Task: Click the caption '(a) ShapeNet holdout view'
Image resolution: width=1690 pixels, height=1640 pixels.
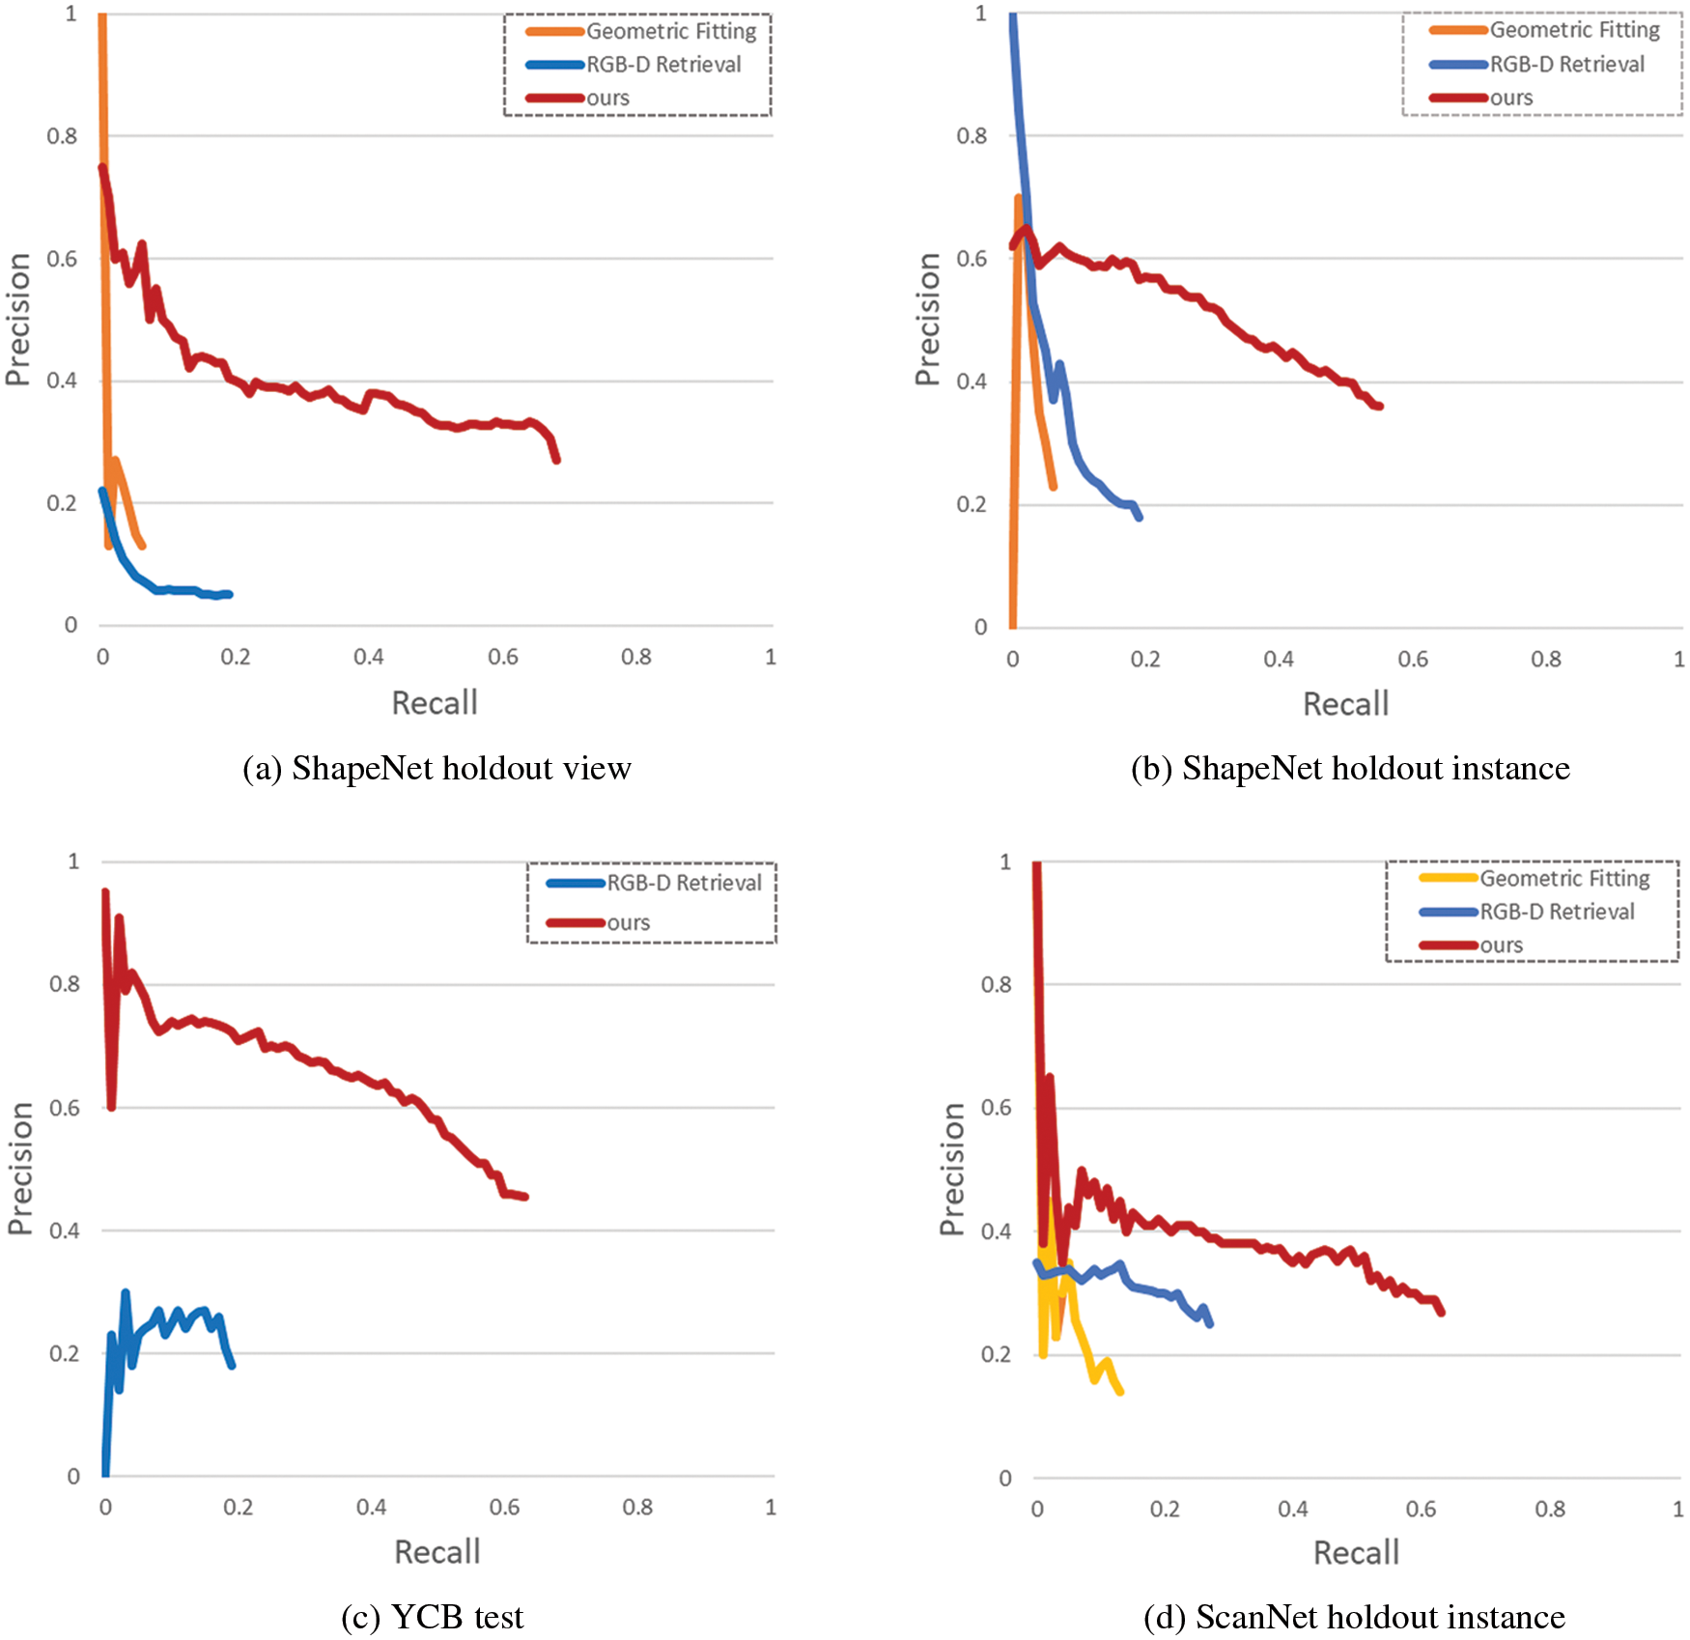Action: [437, 768]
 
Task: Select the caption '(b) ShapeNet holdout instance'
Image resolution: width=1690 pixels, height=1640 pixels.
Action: [1350, 768]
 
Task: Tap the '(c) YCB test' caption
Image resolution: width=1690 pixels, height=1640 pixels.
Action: [432, 1616]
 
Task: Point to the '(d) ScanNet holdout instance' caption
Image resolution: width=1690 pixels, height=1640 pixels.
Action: [1354, 1616]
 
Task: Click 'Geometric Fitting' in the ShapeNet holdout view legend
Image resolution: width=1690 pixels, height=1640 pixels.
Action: [671, 32]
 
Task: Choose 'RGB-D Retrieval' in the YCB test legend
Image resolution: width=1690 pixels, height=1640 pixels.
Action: [684, 883]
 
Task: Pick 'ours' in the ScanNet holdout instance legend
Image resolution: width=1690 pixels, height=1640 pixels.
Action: [1501, 945]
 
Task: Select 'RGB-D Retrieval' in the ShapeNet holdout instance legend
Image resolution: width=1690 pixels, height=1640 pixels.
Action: [1566, 65]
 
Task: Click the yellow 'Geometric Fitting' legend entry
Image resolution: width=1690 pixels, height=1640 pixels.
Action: [1564, 878]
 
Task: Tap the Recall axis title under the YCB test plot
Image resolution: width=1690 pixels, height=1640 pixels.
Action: [437, 1552]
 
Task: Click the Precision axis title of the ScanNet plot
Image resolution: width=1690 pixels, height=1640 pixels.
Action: [952, 1169]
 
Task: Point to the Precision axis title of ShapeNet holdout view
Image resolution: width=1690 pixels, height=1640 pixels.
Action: [17, 320]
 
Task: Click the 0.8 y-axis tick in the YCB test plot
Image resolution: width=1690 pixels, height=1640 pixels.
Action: [65, 984]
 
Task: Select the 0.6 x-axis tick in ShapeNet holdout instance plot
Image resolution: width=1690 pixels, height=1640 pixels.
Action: [1413, 659]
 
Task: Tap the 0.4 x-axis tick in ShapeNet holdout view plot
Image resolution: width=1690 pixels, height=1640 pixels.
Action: [368, 657]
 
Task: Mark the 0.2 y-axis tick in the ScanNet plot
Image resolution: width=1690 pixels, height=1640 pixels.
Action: [996, 1354]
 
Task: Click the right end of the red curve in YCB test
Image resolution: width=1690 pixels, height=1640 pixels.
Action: [524, 1197]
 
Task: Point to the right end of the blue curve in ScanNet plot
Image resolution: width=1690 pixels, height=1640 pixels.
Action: [1209, 1323]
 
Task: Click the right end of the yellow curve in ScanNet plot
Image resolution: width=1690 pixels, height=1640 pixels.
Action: [1119, 1391]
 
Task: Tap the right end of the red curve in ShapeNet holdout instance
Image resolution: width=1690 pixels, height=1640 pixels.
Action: [1379, 406]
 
